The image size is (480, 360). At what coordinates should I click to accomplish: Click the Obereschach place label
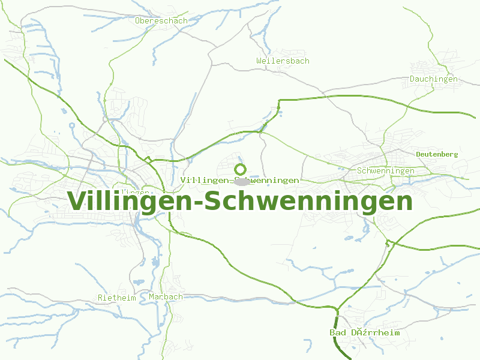point(161,20)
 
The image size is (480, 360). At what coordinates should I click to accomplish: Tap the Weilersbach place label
point(283,61)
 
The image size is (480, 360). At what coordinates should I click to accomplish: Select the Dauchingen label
point(433,79)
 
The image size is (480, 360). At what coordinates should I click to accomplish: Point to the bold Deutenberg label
point(437,154)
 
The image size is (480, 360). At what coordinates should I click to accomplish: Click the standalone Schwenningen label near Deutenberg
point(385,171)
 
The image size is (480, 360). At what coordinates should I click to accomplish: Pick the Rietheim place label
point(117,298)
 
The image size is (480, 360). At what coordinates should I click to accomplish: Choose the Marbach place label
point(166,297)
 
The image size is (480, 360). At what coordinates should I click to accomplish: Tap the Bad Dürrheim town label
point(364,332)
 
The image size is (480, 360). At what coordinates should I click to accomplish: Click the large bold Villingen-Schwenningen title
point(241,201)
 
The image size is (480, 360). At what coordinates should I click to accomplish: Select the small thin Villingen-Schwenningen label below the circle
point(239,180)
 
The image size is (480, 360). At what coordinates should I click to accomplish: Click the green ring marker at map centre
point(241,169)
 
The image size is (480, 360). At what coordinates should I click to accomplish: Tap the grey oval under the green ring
point(241,181)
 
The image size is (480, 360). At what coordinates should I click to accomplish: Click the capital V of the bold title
point(77,201)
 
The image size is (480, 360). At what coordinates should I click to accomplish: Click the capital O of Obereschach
point(138,20)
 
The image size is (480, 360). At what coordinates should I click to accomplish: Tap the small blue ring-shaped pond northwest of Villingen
point(72,125)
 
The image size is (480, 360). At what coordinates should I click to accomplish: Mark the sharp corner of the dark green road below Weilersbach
point(280,100)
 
